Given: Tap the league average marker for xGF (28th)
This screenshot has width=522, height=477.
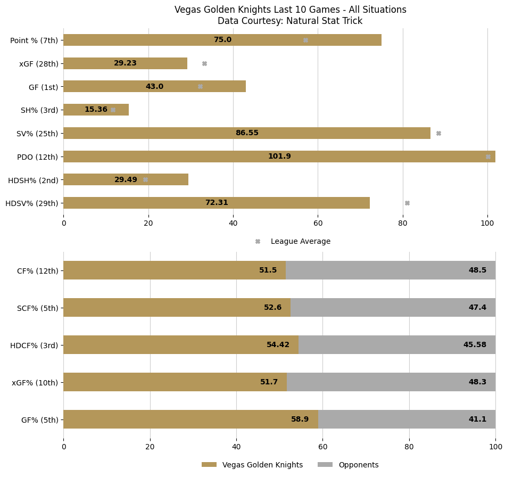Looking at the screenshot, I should [x=204, y=63].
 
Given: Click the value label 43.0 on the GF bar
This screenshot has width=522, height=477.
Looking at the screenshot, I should [x=154, y=87].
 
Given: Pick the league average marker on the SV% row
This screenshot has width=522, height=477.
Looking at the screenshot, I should [x=438, y=134].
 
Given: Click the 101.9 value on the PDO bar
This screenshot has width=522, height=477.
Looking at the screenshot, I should [x=279, y=157].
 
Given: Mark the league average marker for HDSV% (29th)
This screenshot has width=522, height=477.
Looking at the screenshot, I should [x=407, y=203].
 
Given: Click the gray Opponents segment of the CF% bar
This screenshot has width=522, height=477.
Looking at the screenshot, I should [x=391, y=270].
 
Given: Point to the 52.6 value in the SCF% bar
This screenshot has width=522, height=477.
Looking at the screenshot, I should [x=272, y=308].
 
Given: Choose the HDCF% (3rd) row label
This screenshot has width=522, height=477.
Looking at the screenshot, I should [x=34, y=346].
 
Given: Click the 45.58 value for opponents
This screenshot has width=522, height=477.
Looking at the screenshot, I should [x=475, y=345].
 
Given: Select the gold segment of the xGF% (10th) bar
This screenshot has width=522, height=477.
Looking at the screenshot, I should [x=175, y=382].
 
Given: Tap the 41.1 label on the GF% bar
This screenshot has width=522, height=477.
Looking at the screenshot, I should [x=477, y=420].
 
